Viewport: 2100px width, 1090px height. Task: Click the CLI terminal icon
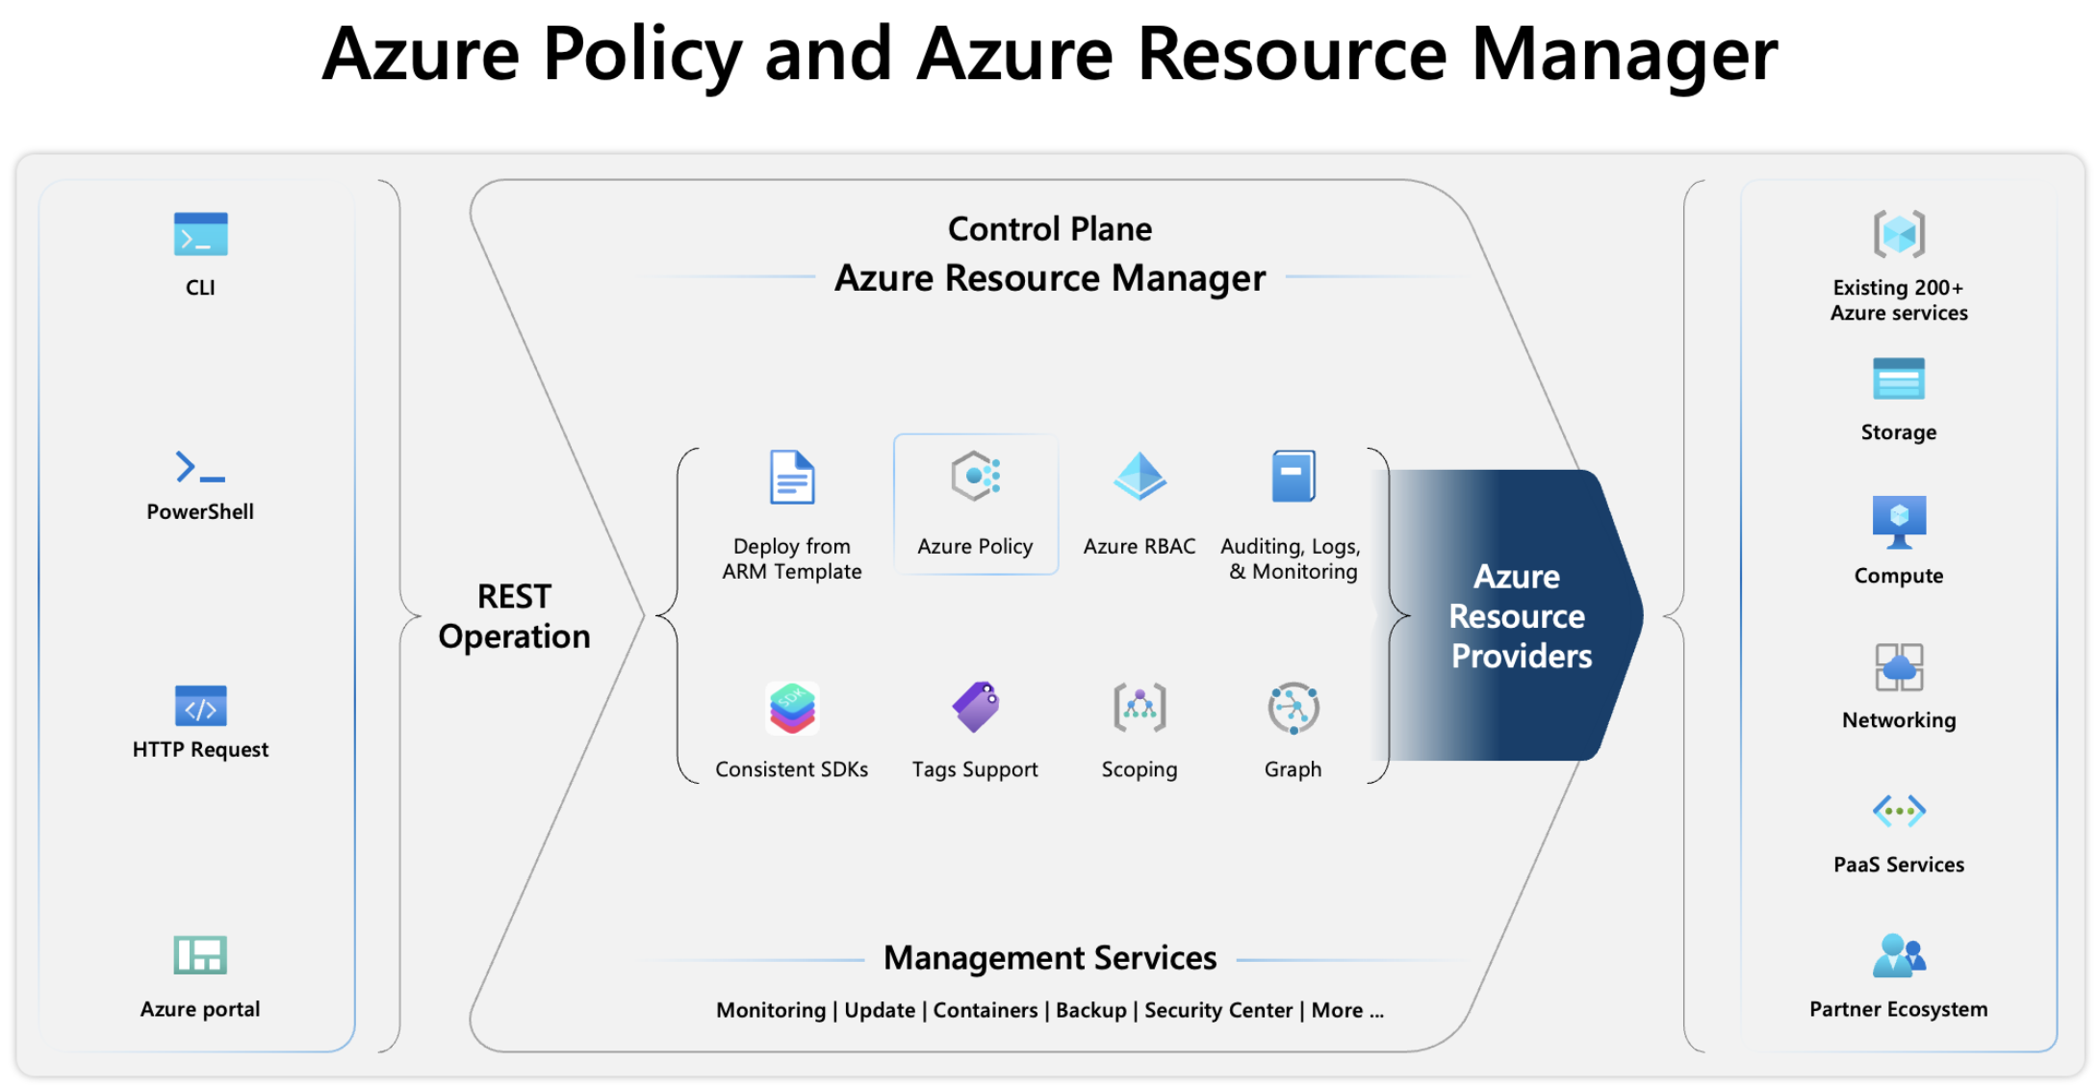200,234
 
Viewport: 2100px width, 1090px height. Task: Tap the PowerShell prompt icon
200,467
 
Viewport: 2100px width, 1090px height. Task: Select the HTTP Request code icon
200,707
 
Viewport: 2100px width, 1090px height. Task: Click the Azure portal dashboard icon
200,955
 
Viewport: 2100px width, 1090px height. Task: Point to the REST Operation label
514,616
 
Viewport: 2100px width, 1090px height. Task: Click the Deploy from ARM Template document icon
792,477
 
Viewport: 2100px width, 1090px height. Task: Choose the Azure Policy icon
976,476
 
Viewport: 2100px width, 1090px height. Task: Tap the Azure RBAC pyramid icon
1140,476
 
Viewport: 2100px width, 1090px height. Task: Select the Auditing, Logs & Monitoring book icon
1293,476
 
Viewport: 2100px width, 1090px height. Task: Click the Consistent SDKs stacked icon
792,708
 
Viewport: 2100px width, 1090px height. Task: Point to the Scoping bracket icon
1140,708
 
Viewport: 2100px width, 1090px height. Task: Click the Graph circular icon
1293,708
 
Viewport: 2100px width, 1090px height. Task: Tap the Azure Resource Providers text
1519,616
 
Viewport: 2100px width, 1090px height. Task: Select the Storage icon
1898,379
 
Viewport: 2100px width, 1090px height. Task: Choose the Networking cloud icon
1898,666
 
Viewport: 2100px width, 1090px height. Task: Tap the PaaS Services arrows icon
1898,811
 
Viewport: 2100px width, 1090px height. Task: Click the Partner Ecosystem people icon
1898,955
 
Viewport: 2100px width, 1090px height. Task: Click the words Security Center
1217,1010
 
